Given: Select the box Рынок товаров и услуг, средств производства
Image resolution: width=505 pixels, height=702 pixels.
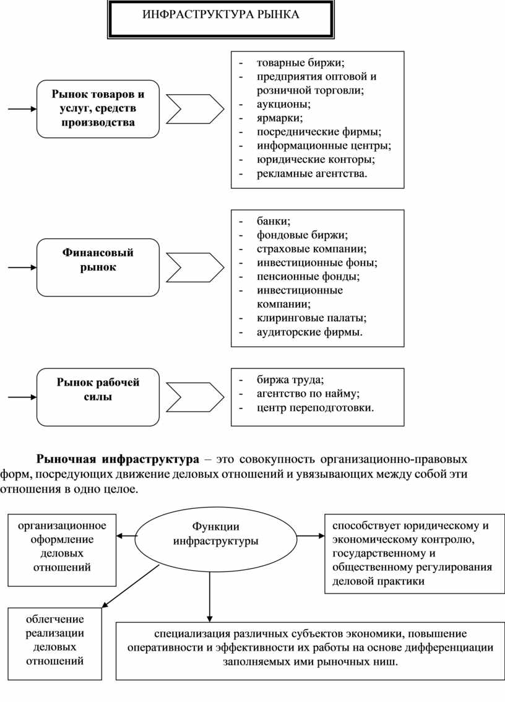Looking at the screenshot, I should (x=98, y=109).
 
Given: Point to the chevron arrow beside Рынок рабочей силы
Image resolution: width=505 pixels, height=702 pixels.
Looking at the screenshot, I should (x=194, y=397).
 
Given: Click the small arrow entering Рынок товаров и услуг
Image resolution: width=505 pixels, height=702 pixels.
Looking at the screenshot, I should (x=22, y=110).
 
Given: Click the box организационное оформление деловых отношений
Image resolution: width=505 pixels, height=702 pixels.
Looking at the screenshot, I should (x=62, y=546).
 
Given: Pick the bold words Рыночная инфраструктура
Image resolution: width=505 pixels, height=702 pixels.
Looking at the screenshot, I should (x=118, y=459).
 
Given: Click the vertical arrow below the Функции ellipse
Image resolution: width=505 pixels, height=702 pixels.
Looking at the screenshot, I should (x=210, y=594).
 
